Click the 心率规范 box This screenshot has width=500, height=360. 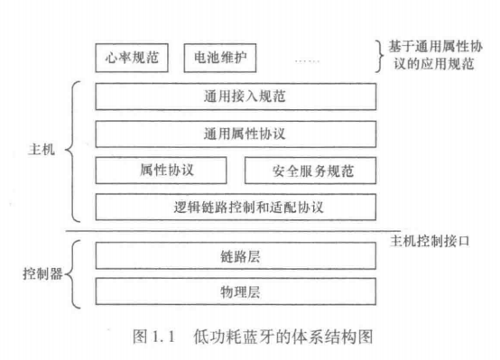click(x=131, y=58)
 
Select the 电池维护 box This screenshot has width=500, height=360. click(x=219, y=58)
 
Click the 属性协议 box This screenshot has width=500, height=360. click(x=168, y=171)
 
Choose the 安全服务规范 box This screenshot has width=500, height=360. click(x=310, y=171)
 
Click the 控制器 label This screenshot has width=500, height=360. click(x=42, y=273)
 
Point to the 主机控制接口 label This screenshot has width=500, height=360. click(x=431, y=241)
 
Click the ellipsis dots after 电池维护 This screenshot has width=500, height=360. click(x=306, y=59)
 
